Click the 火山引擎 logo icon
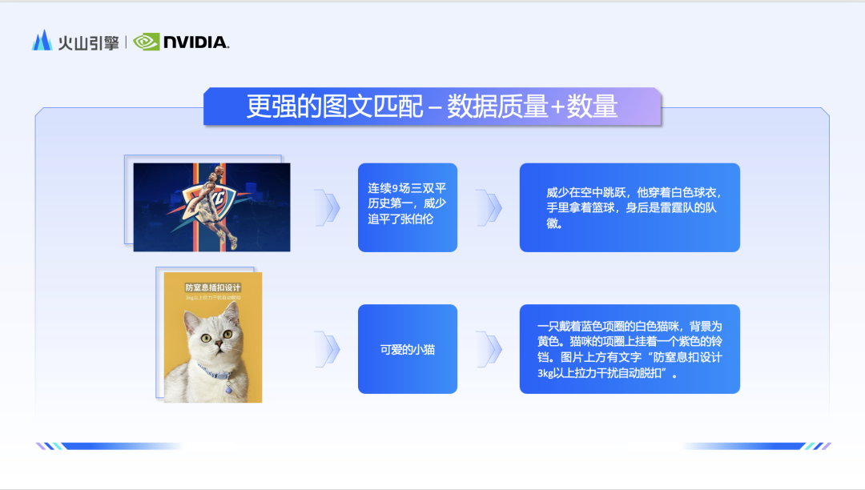click(42, 41)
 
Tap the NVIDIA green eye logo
click(147, 42)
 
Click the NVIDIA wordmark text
click(196, 42)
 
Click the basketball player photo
click(211, 207)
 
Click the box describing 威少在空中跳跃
click(630, 207)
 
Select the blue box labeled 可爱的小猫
click(408, 349)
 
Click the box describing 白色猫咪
click(630, 349)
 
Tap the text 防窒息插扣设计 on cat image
click(213, 287)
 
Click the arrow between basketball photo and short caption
click(327, 207)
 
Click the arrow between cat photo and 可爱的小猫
click(327, 349)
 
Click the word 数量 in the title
click(593, 107)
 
